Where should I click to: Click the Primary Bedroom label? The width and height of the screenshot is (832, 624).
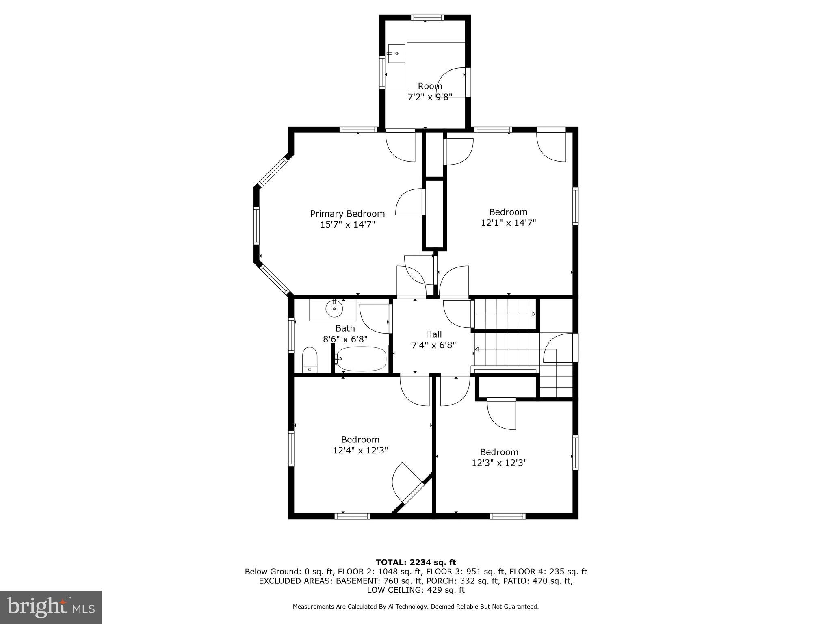(x=347, y=214)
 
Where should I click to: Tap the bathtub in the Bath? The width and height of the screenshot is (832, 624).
(x=361, y=358)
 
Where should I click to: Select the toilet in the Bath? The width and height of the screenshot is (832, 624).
(x=310, y=360)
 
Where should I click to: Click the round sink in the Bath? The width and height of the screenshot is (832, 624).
(x=334, y=309)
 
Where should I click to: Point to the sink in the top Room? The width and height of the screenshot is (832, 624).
(x=396, y=53)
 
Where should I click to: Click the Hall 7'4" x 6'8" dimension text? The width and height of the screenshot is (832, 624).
(x=433, y=345)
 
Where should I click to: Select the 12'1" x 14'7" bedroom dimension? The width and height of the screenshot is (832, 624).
(x=508, y=223)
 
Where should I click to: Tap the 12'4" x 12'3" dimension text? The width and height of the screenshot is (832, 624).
(x=360, y=451)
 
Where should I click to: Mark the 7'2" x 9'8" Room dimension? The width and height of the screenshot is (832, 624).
(x=430, y=97)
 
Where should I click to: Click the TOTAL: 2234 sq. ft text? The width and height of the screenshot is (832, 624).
(x=416, y=563)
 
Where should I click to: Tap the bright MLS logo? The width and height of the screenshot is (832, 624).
(x=51, y=607)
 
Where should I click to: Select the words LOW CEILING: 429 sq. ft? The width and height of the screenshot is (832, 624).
(x=416, y=590)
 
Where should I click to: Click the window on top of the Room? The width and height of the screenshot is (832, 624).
(x=427, y=17)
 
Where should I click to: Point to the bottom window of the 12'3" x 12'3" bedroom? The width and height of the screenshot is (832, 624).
(x=507, y=516)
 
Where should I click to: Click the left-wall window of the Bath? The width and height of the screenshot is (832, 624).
(x=291, y=335)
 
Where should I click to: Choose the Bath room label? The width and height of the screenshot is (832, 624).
(x=345, y=328)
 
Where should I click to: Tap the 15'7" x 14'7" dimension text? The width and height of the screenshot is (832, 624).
(x=347, y=225)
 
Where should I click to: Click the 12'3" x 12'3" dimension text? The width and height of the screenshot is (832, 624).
(x=499, y=463)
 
